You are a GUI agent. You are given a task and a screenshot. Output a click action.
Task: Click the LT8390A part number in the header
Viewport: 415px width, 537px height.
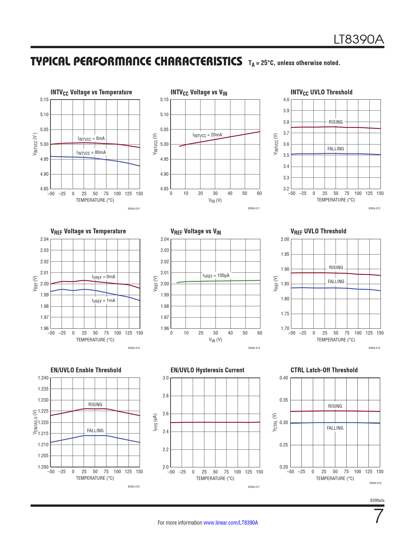[x=359, y=40]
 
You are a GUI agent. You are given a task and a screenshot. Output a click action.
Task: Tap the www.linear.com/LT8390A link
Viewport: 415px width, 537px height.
[x=230, y=523]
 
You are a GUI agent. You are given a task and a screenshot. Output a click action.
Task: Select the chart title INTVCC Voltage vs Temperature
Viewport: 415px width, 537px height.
[x=91, y=92]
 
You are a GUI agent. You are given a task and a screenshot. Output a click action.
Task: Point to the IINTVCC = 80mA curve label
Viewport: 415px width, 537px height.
[x=91, y=153]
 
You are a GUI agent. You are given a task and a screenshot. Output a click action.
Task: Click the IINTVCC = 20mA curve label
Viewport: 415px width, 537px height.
[x=207, y=135]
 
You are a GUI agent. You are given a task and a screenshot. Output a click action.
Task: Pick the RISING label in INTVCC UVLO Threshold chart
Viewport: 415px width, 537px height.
[x=336, y=122]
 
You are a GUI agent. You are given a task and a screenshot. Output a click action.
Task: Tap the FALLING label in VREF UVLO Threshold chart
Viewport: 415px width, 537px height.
[x=336, y=282]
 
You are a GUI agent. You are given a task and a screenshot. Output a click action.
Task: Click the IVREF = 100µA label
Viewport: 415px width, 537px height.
[x=216, y=276]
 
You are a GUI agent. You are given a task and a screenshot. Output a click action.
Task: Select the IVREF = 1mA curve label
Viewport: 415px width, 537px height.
[x=104, y=301]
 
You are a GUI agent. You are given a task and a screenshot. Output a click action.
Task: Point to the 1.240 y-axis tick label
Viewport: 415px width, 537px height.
[x=43, y=378]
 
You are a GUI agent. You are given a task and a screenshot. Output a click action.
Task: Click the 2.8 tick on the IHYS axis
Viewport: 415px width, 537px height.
[x=165, y=396]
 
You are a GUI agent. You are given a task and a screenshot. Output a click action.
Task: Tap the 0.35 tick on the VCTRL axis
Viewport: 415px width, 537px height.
[x=284, y=400]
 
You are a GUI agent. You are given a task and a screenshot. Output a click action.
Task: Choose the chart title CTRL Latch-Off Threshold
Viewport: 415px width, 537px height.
[x=324, y=370]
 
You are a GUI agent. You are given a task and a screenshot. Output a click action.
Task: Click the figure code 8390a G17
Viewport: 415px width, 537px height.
[x=254, y=487]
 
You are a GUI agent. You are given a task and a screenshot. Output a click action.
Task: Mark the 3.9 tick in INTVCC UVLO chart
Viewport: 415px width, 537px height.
[x=286, y=111]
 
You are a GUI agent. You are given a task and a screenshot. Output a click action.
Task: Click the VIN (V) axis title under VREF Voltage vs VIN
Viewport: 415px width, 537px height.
[x=215, y=340]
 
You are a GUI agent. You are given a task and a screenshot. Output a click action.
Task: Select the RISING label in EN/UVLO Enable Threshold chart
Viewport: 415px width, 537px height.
[x=95, y=405]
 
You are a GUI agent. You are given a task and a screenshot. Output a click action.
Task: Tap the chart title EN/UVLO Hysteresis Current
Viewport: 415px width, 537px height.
[x=207, y=370]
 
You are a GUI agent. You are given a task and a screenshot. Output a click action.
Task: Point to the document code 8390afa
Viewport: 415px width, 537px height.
[x=377, y=500]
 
